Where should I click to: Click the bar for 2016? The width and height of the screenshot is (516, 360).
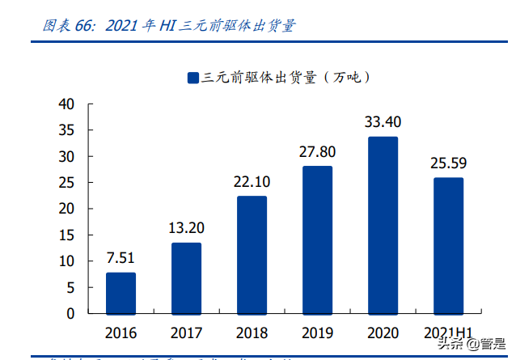tap(121, 293)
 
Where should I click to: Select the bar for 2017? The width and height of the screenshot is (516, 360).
tap(186, 278)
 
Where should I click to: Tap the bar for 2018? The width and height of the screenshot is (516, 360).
tap(252, 255)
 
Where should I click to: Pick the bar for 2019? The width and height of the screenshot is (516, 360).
tap(317, 239)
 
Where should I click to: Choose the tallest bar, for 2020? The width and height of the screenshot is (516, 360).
tap(383, 225)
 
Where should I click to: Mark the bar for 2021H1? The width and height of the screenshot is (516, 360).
tap(448, 245)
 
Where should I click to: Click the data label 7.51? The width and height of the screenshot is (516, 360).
tap(121, 258)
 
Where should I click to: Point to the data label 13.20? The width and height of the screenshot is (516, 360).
tap(186, 228)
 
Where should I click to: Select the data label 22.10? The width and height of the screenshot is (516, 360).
tap(252, 181)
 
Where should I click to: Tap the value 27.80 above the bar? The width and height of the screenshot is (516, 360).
tap(317, 151)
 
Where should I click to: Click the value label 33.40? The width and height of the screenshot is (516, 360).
tap(383, 122)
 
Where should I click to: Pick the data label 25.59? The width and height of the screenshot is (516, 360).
tap(448, 163)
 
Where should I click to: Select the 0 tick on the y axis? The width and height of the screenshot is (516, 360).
tap(70, 313)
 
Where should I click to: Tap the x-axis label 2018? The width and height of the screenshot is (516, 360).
tap(252, 332)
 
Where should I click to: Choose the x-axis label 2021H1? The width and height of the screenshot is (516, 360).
tap(448, 332)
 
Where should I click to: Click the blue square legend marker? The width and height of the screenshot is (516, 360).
tap(192, 78)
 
